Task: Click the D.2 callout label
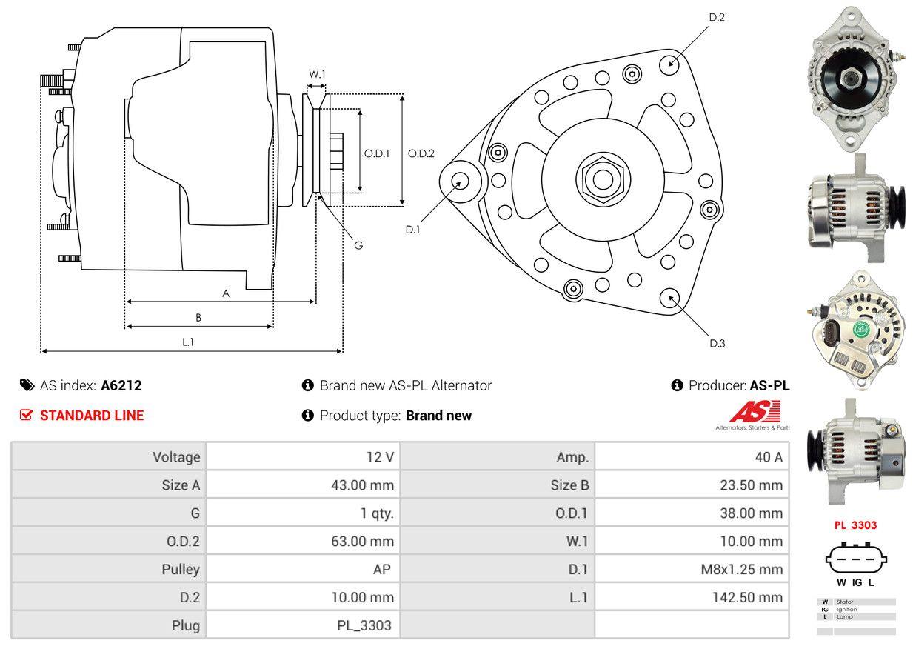pos(716,17)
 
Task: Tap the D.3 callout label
pos(716,343)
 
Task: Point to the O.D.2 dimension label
pos(421,153)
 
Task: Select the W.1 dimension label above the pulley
pos(317,74)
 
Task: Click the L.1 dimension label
pos(188,342)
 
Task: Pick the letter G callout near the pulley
pos(358,245)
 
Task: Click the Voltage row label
pos(176,457)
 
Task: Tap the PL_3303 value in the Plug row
pos(364,625)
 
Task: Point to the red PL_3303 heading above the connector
pos(855,525)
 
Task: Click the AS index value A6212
pos(121,385)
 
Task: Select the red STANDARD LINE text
pos(92,416)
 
